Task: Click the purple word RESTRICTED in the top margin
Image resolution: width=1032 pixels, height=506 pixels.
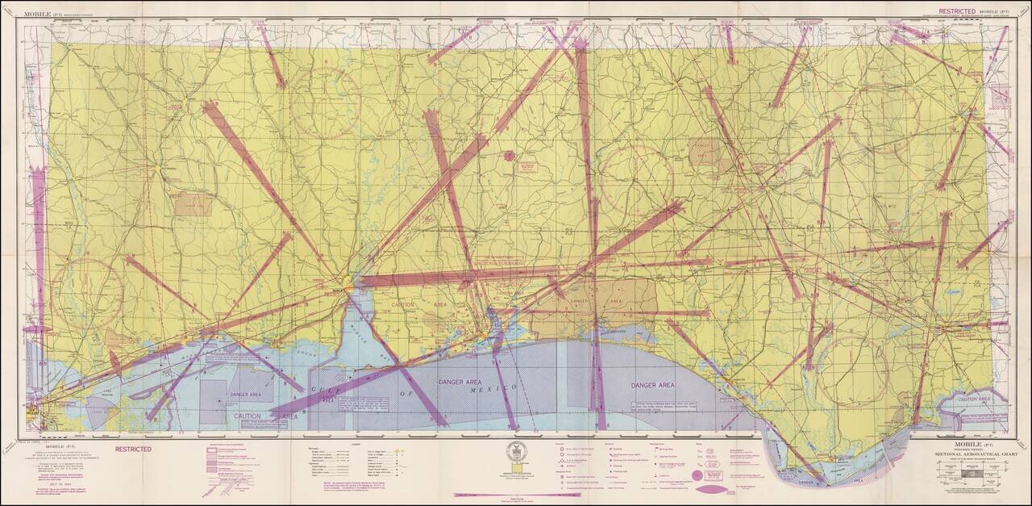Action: tap(952, 12)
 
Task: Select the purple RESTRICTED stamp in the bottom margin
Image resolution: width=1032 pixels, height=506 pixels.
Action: tap(131, 449)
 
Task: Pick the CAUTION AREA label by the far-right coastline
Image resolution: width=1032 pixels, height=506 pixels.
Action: tap(974, 399)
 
